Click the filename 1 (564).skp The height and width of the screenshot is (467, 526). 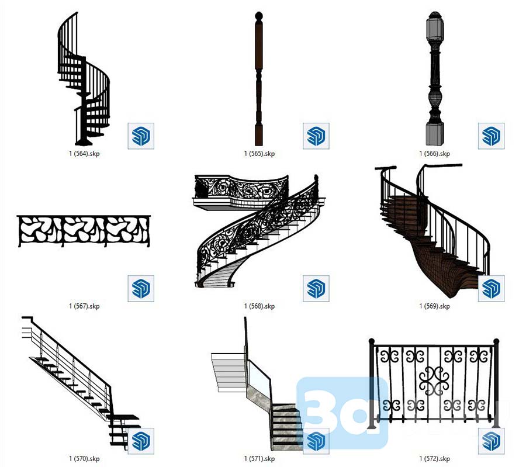pos(84,154)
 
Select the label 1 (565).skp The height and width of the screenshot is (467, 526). pos(259,154)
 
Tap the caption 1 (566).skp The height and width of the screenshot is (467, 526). pos(434,154)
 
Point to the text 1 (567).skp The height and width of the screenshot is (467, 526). pos(84,306)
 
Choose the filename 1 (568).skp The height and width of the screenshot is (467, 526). pos(259,306)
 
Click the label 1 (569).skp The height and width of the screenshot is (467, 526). pos(434,306)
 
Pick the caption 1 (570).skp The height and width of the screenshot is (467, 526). pos(84,458)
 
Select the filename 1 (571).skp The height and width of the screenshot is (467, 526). pos(259,458)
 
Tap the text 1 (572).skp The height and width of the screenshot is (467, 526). pos(434,458)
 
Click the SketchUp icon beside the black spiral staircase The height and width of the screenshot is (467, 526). pos(141,136)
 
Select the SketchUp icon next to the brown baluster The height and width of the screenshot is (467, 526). pos(316,136)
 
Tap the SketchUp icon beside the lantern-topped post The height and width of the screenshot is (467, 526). pos(491,136)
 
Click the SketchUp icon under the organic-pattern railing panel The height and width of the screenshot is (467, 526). pos(141,288)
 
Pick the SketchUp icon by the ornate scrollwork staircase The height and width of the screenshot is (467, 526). pos(316,288)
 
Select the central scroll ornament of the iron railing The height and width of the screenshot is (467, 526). pos(435,381)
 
